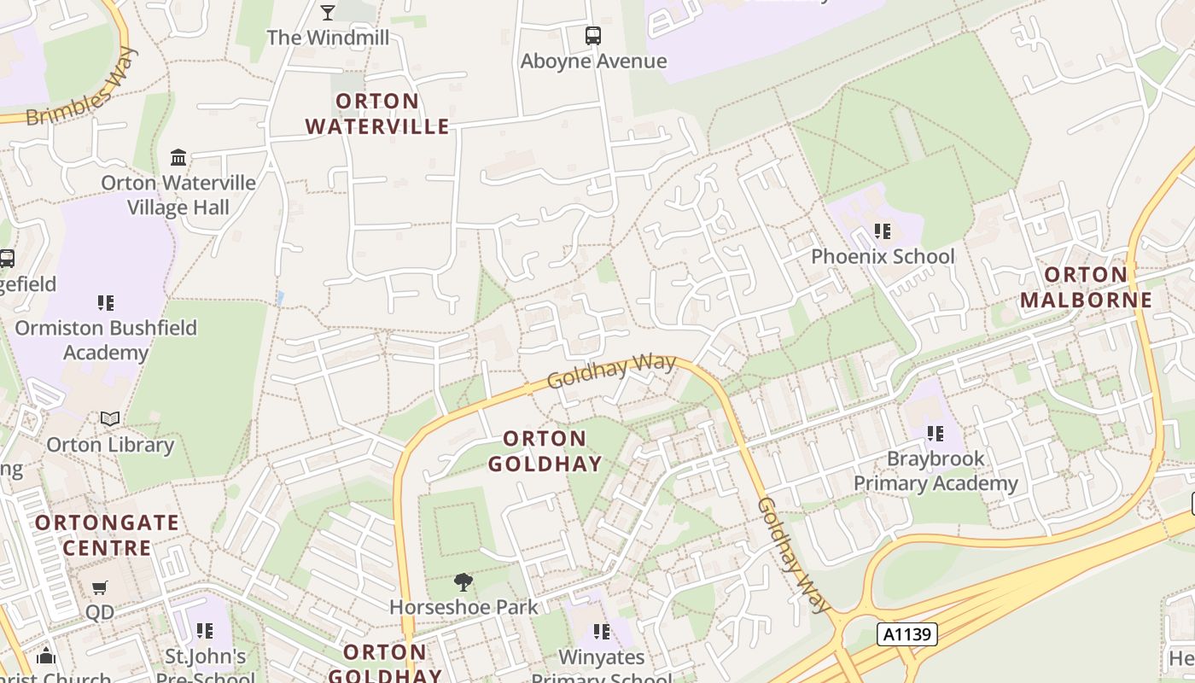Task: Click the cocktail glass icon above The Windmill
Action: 328,12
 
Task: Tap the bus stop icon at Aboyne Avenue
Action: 593,36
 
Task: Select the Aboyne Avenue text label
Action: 593,61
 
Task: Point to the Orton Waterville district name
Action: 377,114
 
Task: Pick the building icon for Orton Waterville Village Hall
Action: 178,157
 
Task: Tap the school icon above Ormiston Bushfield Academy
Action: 106,302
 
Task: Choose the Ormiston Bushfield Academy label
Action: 106,340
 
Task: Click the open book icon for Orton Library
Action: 110,418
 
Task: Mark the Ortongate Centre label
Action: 108,534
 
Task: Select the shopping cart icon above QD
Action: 100,587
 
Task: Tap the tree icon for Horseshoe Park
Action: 463,582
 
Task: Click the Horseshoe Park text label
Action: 463,607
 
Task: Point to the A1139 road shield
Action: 907,634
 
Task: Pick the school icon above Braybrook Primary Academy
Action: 936,434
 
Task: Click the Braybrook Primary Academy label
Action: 936,471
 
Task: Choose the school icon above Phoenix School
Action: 883,231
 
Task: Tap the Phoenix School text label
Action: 883,256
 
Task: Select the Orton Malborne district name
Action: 1086,288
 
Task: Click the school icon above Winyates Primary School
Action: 602,632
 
